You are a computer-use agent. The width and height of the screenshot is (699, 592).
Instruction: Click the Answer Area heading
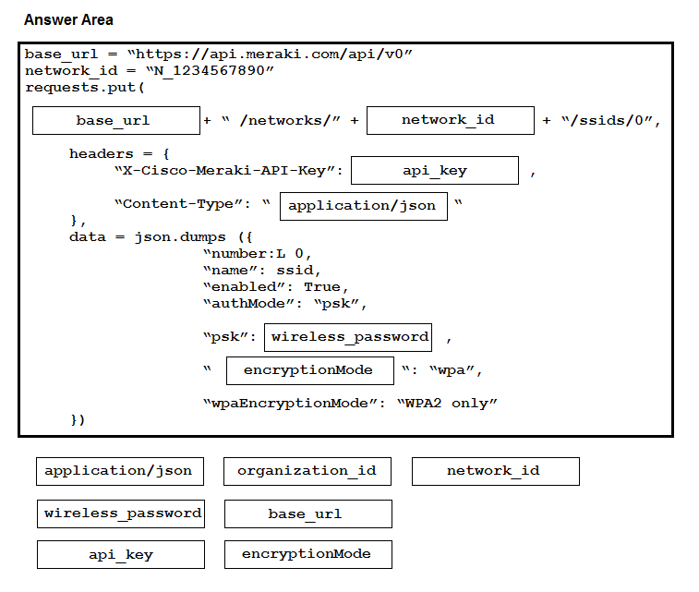tap(68, 19)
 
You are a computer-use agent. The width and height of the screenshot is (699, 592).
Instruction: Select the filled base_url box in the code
tap(116, 120)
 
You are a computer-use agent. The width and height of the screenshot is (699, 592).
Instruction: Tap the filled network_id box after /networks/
tap(451, 120)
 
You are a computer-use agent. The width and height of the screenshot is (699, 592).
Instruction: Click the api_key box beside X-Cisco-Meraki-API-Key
tap(435, 170)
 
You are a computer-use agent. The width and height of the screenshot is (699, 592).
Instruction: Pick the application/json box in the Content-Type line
tap(364, 206)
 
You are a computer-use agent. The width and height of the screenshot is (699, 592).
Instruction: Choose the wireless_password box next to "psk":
tap(348, 337)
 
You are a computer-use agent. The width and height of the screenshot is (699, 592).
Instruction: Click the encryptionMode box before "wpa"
tap(310, 370)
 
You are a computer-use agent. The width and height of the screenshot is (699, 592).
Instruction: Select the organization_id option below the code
tap(307, 471)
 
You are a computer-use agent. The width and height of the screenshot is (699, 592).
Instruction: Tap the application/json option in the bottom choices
tap(120, 471)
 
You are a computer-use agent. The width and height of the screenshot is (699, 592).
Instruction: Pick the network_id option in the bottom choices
tap(496, 471)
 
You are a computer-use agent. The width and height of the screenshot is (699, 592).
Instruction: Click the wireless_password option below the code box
tap(121, 513)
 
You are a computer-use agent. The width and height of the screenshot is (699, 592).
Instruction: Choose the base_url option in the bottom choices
tap(308, 513)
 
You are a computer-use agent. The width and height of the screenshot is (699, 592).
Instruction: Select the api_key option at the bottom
tap(121, 554)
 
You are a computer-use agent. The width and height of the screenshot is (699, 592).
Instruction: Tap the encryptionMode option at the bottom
tap(308, 554)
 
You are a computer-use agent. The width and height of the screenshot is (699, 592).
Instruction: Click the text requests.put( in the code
tap(85, 88)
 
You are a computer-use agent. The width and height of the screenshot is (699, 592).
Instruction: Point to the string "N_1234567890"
tap(210, 71)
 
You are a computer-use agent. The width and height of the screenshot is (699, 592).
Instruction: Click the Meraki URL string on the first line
tap(270, 54)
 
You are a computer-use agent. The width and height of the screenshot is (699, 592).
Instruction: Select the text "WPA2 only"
tap(447, 404)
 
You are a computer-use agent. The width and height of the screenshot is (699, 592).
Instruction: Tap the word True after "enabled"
tap(322, 286)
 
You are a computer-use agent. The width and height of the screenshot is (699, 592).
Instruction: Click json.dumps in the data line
tap(180, 237)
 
